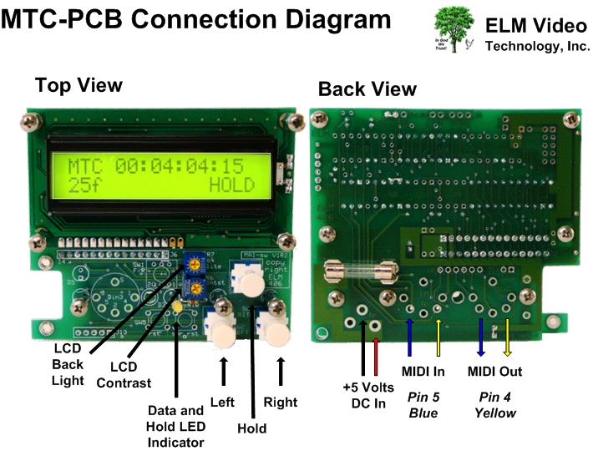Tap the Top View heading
point(79,84)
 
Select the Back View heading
point(367,89)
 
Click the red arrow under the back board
point(378,356)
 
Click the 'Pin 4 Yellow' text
point(495,403)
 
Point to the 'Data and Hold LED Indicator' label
point(175,425)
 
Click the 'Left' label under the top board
point(223,401)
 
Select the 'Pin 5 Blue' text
point(423,403)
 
